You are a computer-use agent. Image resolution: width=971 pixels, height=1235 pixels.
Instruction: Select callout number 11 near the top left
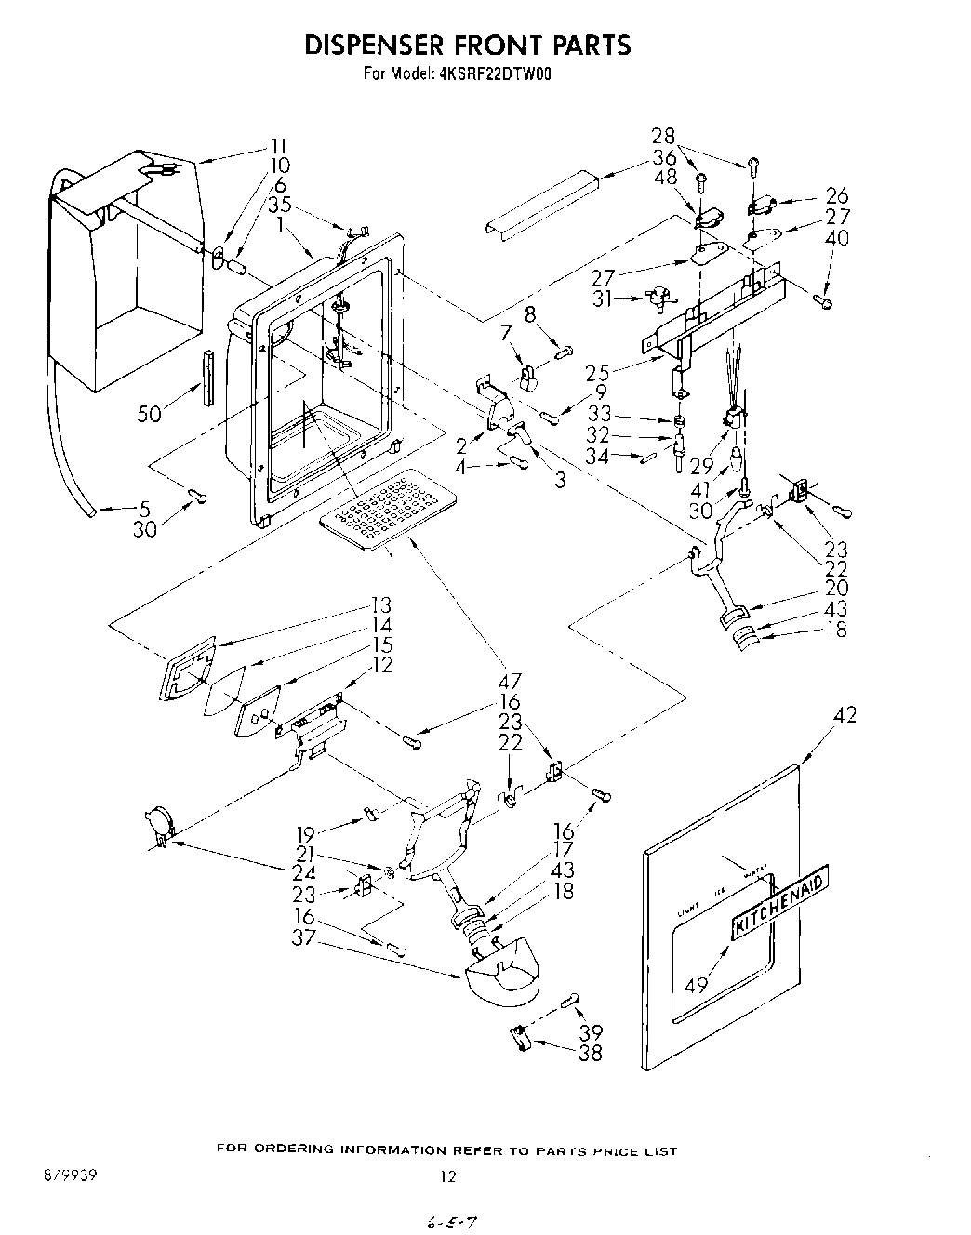pos(278,145)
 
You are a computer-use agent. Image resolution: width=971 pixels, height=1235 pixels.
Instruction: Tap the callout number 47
pos(510,681)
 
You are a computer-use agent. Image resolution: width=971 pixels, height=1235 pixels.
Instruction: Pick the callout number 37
pos(304,938)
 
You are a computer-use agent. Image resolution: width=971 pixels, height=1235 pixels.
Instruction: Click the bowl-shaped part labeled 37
pos(503,969)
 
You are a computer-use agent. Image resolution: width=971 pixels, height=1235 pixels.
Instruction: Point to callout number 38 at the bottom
pos(590,1053)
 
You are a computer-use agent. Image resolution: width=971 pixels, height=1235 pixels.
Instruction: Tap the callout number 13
pos(380,604)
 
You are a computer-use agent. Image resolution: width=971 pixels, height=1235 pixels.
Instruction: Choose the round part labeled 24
pos(157,823)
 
